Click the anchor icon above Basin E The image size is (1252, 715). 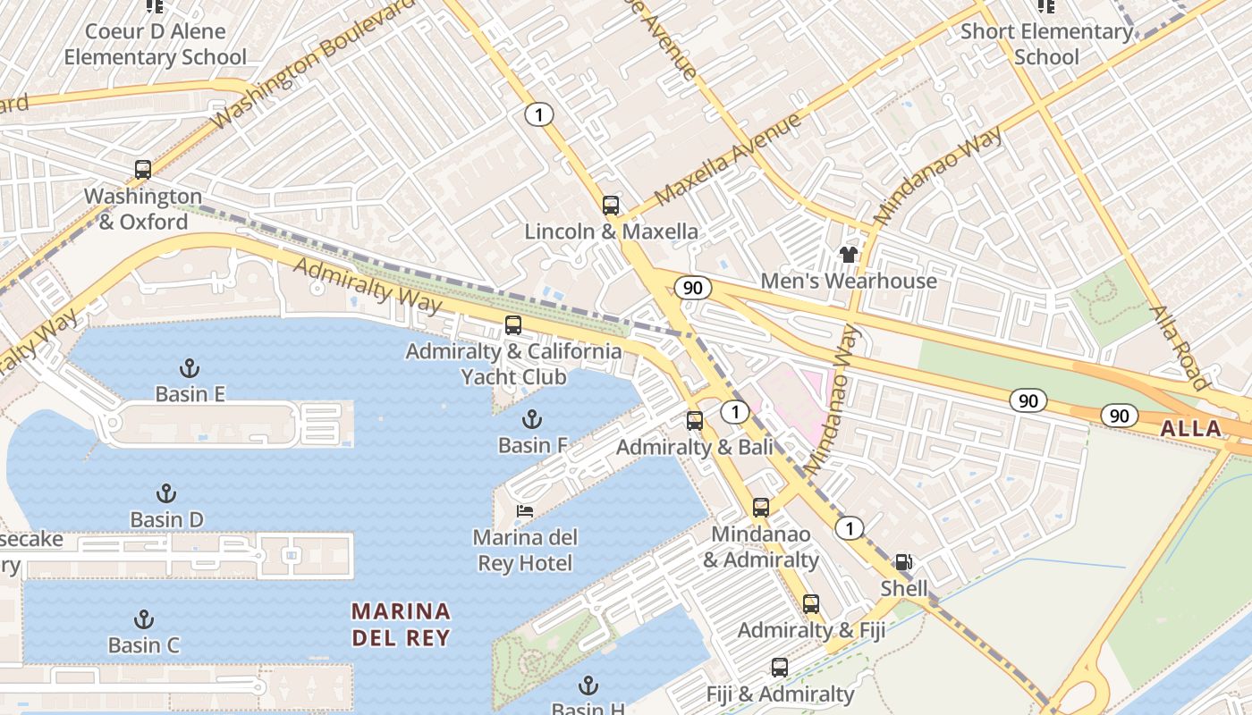[x=190, y=367]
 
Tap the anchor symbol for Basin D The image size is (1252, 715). [x=165, y=493]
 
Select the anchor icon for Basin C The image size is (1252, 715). [x=143, y=619]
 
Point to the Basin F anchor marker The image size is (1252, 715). [x=532, y=419]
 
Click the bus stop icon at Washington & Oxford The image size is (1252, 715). [x=143, y=169]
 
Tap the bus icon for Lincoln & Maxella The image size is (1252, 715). [x=611, y=206]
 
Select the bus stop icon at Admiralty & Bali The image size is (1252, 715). [x=695, y=421]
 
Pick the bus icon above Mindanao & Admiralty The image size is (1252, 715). [x=761, y=508]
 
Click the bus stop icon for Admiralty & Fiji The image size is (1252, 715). [x=811, y=604]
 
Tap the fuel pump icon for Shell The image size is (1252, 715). [x=904, y=562]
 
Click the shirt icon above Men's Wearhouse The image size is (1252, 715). [x=849, y=255]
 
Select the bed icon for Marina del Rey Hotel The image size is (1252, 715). [x=526, y=511]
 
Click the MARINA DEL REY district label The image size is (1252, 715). [x=401, y=624]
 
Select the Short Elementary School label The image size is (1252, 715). [x=1046, y=44]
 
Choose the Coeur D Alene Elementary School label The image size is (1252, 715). [x=155, y=44]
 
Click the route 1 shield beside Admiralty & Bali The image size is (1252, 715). [x=735, y=412]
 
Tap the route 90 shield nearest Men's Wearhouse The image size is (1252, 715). [x=693, y=288]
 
